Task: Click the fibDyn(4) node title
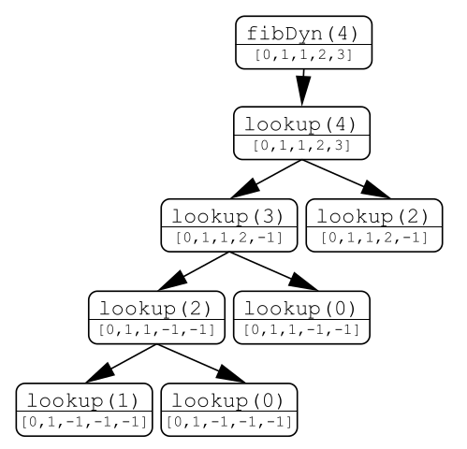pyautogui.click(x=302, y=33)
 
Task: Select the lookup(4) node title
pyautogui.click(x=300, y=124)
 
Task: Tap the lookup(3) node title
pyautogui.click(x=227, y=216)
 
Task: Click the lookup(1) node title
pyautogui.click(x=82, y=400)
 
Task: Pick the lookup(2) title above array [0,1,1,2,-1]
pyautogui.click(x=372, y=216)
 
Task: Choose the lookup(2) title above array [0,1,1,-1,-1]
pyautogui.click(x=155, y=309)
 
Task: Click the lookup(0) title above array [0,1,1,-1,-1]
pyautogui.click(x=300, y=309)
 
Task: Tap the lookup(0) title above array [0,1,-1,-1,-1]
pyautogui.click(x=227, y=400)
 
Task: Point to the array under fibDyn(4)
pyautogui.click(x=303, y=55)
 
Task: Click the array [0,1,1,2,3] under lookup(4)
pyautogui.click(x=301, y=146)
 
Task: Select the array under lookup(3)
pyautogui.click(x=229, y=238)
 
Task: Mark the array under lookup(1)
pyautogui.click(x=84, y=422)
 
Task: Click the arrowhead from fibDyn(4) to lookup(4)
pyautogui.click(x=302, y=91)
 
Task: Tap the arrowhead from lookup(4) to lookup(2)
pyautogui.click(x=375, y=190)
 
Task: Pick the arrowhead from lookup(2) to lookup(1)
pyautogui.click(x=100, y=373)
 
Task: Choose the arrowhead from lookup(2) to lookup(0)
pyautogui.click(x=230, y=373)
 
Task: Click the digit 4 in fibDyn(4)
pyautogui.click(x=342, y=33)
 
